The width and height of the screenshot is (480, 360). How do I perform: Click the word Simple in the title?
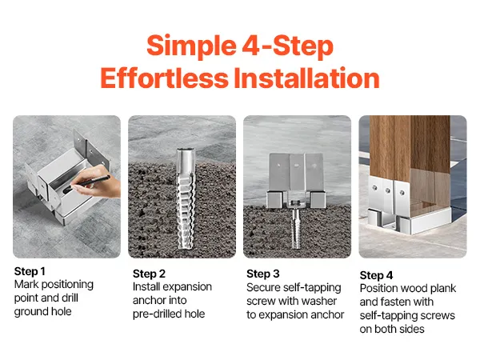click(x=191, y=46)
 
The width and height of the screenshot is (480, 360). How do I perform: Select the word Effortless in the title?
click(x=164, y=78)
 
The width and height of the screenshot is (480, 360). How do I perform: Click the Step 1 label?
click(x=30, y=271)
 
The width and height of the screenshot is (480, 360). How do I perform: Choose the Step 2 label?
click(x=149, y=274)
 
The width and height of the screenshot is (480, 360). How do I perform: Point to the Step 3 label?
click(x=263, y=274)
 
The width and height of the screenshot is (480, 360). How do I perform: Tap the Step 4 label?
click(x=376, y=275)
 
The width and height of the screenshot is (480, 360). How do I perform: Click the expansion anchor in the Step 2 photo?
click(x=186, y=198)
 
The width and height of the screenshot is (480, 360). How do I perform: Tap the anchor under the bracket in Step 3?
click(x=295, y=227)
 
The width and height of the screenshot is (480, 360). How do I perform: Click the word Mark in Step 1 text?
click(x=26, y=284)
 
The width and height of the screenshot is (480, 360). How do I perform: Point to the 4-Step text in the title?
click(x=287, y=46)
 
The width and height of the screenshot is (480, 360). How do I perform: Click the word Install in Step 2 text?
click(x=146, y=287)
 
